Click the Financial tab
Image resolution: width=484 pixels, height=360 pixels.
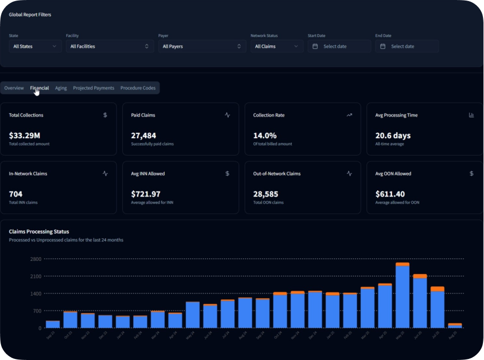point(39,88)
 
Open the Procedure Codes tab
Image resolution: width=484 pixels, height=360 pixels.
point(138,88)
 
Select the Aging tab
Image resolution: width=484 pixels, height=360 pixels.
point(61,88)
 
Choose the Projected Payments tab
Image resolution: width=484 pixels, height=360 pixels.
point(93,88)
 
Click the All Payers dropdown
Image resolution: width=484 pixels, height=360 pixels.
point(202,46)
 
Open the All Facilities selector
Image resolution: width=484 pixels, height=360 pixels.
point(110,46)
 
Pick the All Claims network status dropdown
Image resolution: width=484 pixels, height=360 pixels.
point(276,46)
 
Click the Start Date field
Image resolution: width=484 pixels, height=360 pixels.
point(339,46)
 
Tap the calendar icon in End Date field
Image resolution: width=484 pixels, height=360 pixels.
point(383,46)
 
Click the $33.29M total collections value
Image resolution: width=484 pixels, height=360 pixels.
point(25,135)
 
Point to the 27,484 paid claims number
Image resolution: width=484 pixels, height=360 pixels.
point(143,135)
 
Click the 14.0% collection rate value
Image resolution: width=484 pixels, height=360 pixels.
point(265,135)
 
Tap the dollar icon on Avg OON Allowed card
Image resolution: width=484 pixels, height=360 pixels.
point(471,173)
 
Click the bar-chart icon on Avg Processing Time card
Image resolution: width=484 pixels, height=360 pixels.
point(471,115)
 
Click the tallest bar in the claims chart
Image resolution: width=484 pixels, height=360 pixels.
point(402,295)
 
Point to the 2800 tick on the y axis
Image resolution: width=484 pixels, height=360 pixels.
point(36,259)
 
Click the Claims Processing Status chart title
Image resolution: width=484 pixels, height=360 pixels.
point(39,231)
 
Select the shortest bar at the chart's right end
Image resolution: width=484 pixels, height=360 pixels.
point(455,326)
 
